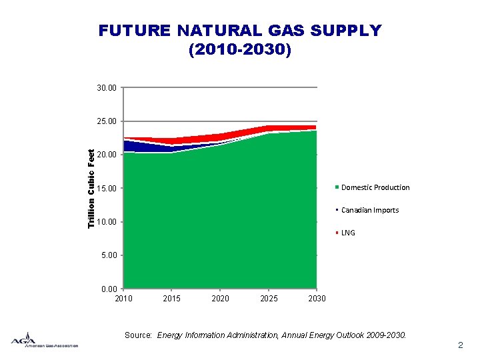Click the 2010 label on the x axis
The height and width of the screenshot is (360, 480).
[x=124, y=298]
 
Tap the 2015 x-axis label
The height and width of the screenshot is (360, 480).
[x=172, y=298]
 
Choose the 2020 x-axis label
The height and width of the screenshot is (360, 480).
[x=220, y=298]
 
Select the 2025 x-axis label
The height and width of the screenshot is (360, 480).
[x=269, y=298]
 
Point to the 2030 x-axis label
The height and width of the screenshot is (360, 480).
[x=317, y=298]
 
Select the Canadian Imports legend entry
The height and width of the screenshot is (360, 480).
[x=369, y=210]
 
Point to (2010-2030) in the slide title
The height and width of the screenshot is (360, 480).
[x=240, y=50]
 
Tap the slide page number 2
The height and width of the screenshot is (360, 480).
[x=460, y=345]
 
